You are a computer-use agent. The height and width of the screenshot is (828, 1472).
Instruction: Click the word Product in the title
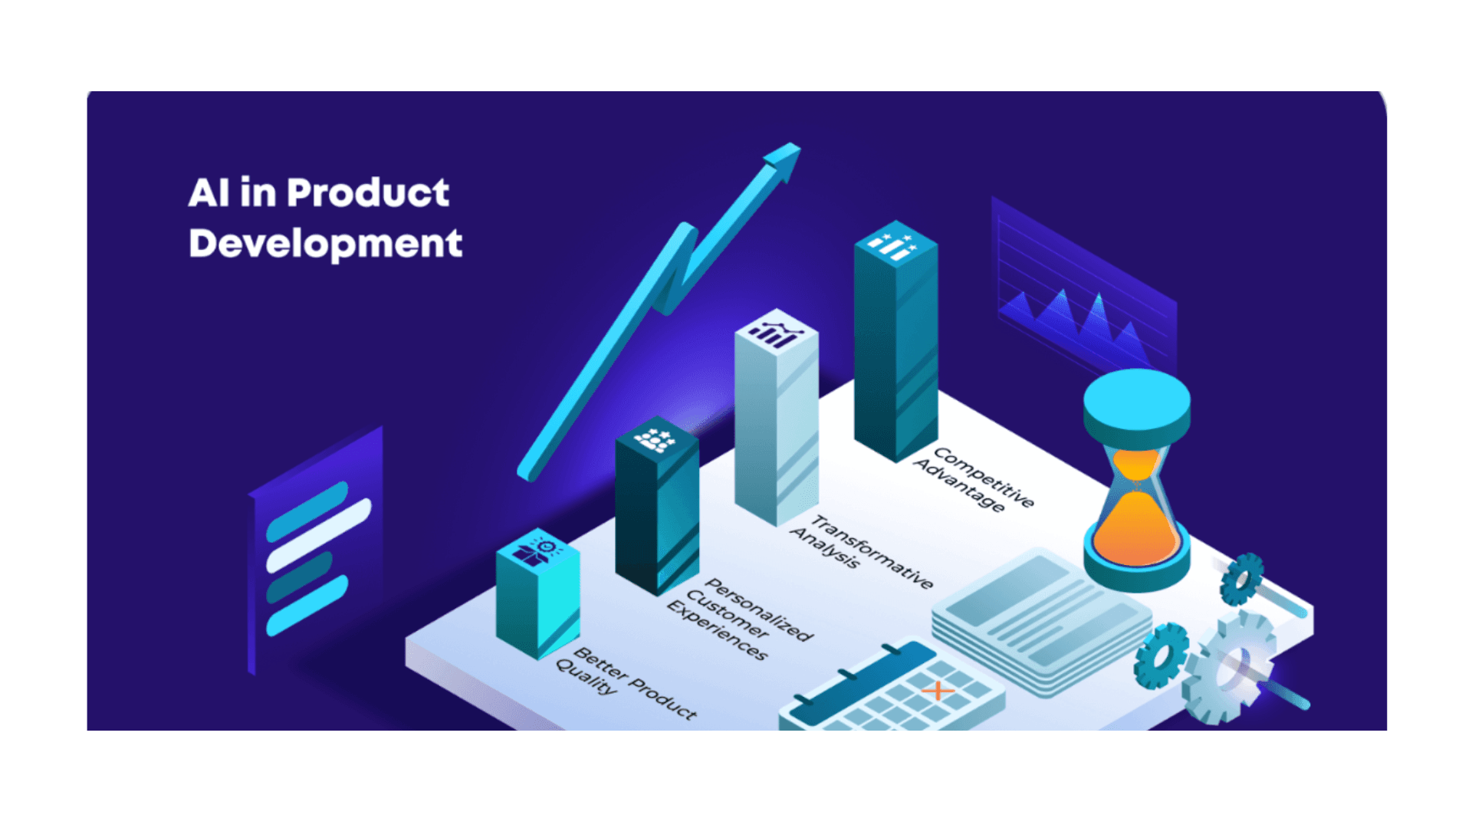pos(368,192)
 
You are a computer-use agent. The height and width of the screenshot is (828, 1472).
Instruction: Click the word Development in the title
pos(325,244)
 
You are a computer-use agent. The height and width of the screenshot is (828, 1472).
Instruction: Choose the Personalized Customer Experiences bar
pos(656,514)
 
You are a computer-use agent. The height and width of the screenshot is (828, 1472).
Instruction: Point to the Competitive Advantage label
pos(974,479)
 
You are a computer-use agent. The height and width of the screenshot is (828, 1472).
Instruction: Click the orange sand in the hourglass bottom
pos(1135,529)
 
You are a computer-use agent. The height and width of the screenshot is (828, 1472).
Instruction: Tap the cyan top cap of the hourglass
pos(1136,399)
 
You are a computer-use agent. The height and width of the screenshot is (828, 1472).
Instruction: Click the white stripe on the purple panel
pos(318,535)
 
